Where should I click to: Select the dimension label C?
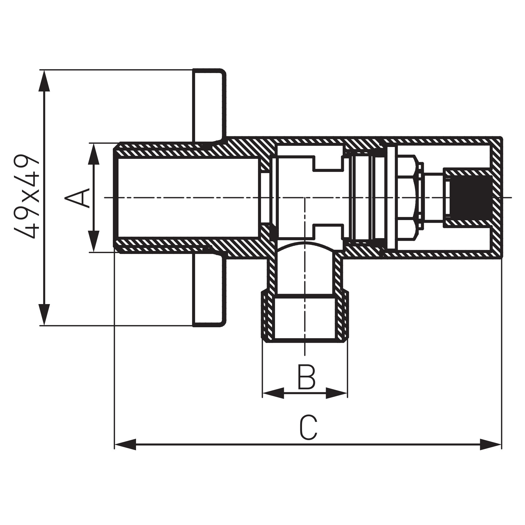coord(308,428)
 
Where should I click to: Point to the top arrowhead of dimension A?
coord(94,154)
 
